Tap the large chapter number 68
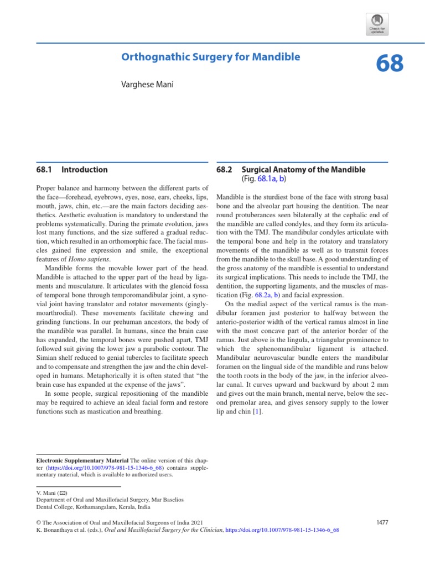[x=390, y=64]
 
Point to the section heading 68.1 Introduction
[x=72, y=170]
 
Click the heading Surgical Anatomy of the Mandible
[x=303, y=170]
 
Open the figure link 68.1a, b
[x=271, y=180]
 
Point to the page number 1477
[x=382, y=522]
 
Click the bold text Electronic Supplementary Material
[x=82, y=460]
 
